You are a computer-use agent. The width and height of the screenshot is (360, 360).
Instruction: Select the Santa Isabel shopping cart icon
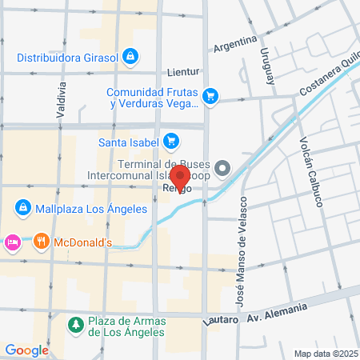[170, 143]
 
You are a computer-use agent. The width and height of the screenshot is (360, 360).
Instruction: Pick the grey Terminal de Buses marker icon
[223, 168]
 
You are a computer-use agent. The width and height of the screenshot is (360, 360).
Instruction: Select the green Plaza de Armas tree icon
[75, 325]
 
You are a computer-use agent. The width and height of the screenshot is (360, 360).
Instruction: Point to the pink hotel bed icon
[12, 241]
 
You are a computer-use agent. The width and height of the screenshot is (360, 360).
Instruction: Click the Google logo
[26, 350]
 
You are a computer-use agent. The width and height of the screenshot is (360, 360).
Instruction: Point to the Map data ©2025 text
[325, 354]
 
